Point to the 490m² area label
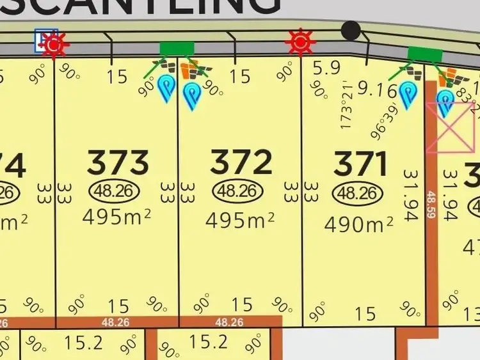358,224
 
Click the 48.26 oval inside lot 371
356,194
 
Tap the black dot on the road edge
351,29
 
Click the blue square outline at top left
46,40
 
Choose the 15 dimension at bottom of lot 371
365,313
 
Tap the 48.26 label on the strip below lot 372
228,322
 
